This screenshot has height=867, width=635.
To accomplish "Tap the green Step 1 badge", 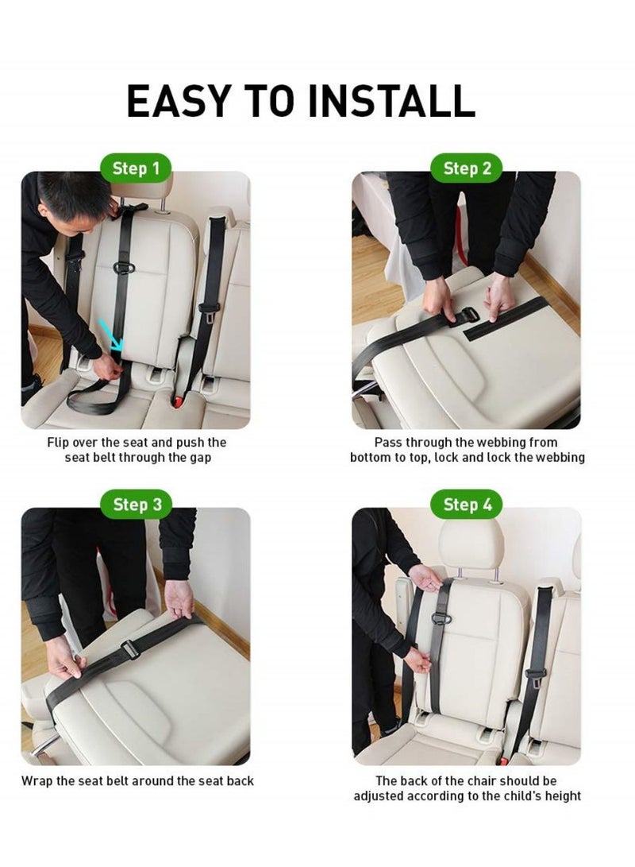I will coord(136,168).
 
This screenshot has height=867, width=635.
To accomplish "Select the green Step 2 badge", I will coord(467,168).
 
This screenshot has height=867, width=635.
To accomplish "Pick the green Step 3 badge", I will coord(136,505).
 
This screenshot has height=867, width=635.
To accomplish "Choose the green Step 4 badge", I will coord(467,505).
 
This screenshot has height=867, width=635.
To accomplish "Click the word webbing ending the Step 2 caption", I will coord(559,458).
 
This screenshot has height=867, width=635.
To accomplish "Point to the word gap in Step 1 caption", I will coord(198,458).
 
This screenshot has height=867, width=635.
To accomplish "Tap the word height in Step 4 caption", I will coord(561,795).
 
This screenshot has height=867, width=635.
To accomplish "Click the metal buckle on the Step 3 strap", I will coord(130,653).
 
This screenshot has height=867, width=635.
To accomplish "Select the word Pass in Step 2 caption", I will coord(388,442).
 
